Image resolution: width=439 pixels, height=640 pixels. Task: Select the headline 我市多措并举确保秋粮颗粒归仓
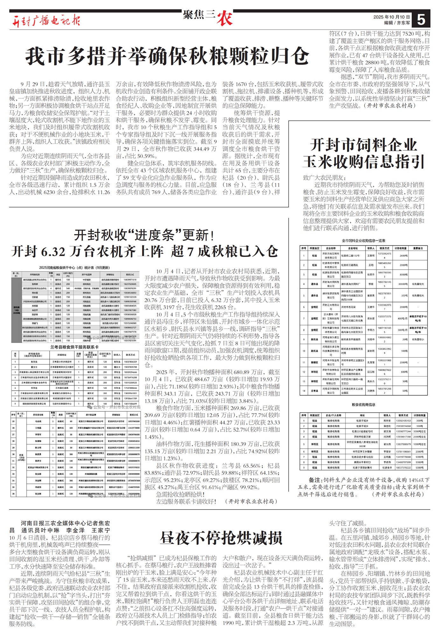167,56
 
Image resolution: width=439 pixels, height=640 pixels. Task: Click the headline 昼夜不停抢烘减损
221,538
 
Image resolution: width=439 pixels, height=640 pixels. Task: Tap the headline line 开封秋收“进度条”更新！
144,235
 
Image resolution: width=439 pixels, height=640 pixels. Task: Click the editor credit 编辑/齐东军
397,23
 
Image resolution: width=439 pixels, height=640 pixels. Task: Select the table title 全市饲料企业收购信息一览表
363,241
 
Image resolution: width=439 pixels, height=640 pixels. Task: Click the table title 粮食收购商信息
363,405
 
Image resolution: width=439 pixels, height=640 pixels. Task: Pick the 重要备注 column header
418,248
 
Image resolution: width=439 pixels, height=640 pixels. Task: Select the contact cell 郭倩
371,284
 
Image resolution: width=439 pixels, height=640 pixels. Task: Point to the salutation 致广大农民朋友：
324,178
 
